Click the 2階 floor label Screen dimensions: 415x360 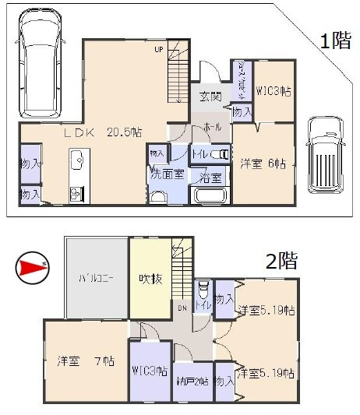[281, 261]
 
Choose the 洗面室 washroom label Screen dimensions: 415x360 [168, 174]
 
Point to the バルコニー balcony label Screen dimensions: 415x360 [97, 278]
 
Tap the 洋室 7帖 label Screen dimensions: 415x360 [86, 361]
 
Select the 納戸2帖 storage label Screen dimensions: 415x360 [192, 382]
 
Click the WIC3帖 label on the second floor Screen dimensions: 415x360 [149, 371]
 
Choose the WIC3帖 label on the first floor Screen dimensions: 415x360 [274, 92]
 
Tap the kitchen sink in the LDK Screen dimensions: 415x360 [77, 162]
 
